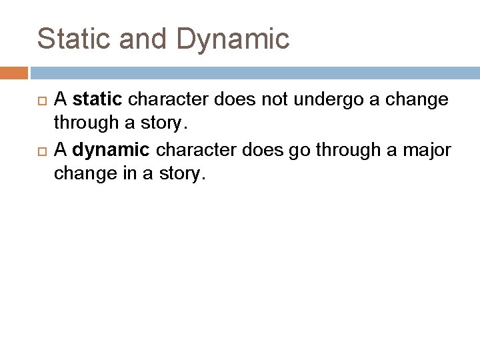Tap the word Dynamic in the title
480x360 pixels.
click(x=233, y=39)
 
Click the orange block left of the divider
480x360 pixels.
click(x=13, y=73)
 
